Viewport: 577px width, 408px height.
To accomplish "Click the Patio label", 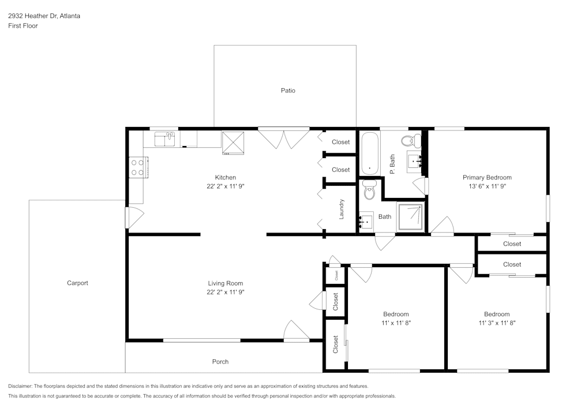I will point(288,91).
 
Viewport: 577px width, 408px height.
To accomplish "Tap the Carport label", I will point(77,283).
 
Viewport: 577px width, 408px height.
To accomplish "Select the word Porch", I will point(220,362).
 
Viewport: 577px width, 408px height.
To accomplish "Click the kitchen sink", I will point(166,139).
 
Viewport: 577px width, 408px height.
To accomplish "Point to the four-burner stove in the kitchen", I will point(137,167).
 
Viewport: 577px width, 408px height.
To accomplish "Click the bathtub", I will point(369,153).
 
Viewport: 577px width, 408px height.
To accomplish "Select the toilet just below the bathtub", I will point(369,190).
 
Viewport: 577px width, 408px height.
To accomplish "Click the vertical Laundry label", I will point(342,209).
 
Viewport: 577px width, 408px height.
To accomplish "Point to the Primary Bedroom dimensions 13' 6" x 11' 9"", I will point(487,186).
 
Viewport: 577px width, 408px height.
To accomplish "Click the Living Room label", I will point(225,283).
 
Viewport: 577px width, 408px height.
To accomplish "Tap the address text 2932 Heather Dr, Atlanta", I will point(44,16).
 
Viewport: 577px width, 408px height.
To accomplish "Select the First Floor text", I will point(23,26).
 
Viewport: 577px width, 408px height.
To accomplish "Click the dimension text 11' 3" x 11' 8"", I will point(496,323).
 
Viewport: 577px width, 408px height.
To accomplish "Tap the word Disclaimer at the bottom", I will point(20,386).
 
